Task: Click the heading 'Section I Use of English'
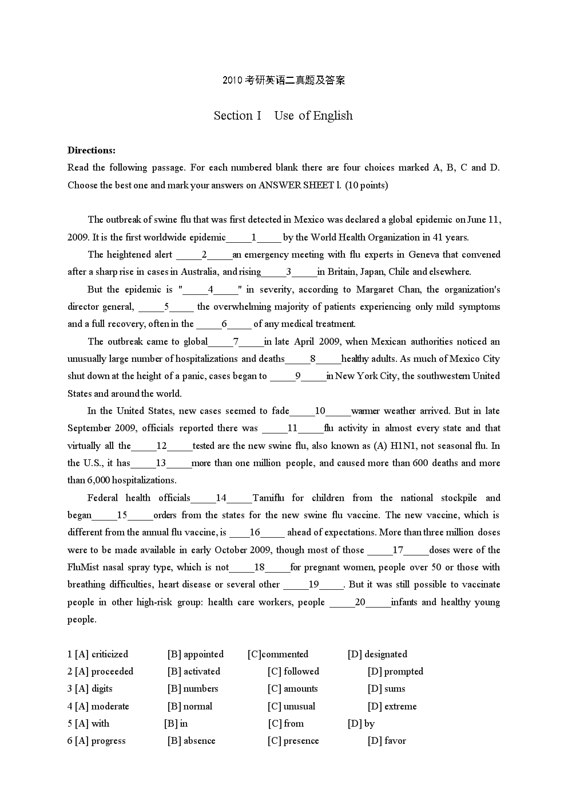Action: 283,116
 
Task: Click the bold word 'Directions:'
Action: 92,151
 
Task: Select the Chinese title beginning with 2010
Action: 284,81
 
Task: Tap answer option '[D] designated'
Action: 378,654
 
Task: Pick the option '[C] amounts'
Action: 293,688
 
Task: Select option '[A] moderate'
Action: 98,706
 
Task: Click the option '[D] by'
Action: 361,723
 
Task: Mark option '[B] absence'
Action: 192,740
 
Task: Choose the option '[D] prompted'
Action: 395,671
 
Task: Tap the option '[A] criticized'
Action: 98,654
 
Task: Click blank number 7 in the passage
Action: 236,342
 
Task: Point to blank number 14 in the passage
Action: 221,498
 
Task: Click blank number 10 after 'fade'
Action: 320,411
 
